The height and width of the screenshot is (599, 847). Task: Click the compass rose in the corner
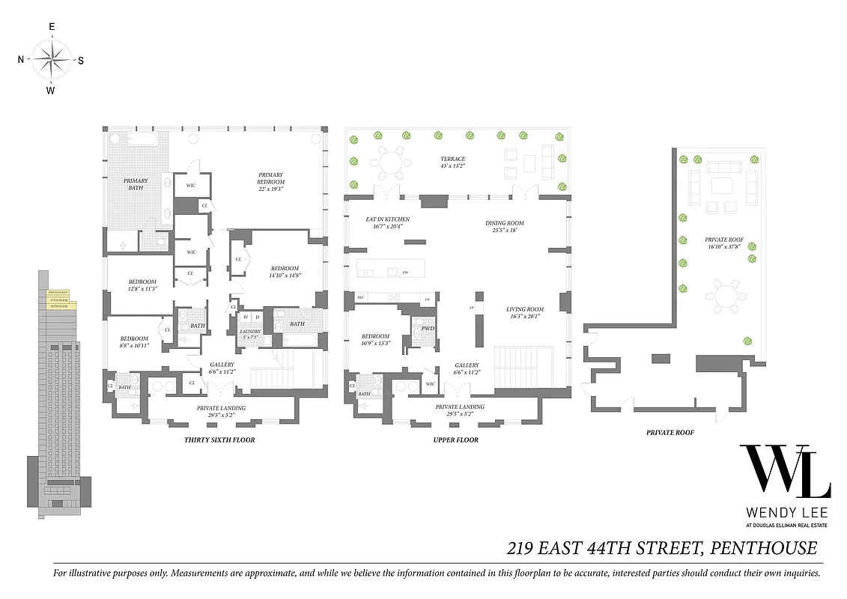(51, 59)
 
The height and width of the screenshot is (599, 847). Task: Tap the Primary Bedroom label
(270, 179)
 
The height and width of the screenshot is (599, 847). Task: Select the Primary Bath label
(136, 184)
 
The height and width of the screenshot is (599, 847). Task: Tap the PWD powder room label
(428, 328)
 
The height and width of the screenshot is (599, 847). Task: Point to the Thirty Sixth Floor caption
(219, 440)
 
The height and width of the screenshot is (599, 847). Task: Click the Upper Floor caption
(455, 440)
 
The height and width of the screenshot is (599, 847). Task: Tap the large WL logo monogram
(784, 472)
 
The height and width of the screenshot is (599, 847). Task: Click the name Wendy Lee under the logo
(785, 514)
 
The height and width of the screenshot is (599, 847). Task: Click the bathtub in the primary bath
(142, 139)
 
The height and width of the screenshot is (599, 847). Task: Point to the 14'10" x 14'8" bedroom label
(285, 272)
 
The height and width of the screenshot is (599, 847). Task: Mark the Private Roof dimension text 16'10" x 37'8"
(723, 245)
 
